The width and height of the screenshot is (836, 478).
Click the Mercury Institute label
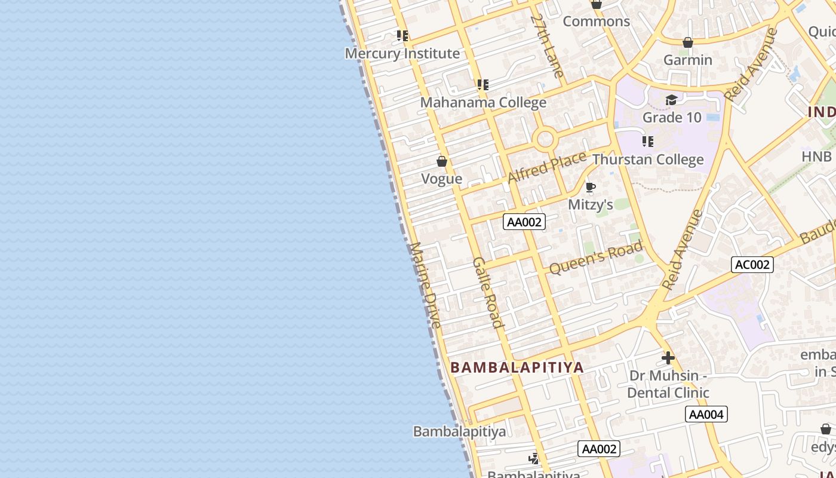[402, 53]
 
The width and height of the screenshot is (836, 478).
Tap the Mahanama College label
[483, 102]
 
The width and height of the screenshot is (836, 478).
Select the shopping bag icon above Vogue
[442, 161]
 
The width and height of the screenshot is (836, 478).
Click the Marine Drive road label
[426, 286]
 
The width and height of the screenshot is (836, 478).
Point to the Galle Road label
[488, 293]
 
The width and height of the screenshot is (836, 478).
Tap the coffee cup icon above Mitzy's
[591, 188]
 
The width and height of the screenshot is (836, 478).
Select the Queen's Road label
[596, 257]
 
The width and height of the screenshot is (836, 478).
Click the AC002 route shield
[752, 264]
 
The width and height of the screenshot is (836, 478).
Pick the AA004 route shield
[706, 414]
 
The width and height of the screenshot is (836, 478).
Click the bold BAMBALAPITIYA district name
[517, 367]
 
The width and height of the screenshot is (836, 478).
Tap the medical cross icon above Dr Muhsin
[668, 358]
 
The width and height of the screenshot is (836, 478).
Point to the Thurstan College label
[648, 160]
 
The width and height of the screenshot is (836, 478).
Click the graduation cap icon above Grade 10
[672, 100]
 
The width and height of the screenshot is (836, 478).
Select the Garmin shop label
[688, 60]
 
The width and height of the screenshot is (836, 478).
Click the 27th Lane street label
[548, 46]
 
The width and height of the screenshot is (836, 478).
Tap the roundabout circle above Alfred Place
[545, 140]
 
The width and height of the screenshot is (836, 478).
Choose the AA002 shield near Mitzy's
[524, 222]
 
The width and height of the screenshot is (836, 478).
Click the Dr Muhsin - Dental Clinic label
[668, 384]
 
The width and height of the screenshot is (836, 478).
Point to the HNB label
[816, 157]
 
